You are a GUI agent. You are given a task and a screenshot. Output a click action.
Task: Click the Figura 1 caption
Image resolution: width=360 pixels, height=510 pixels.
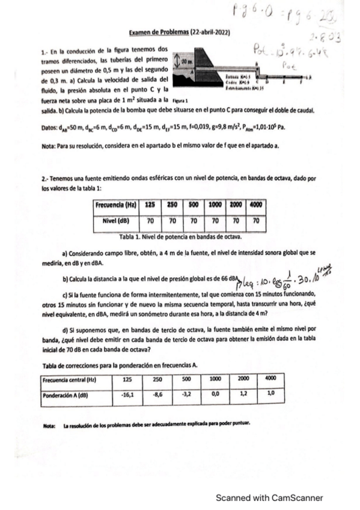click(x=180, y=101)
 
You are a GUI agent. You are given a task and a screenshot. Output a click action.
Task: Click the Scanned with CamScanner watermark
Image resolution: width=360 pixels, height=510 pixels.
click(x=270, y=497)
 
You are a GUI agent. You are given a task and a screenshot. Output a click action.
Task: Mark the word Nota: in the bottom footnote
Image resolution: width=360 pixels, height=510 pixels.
click(x=49, y=424)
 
